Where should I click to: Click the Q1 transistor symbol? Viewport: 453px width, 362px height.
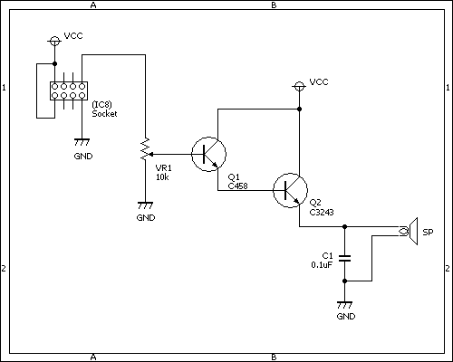pyautogui.click(x=208, y=154)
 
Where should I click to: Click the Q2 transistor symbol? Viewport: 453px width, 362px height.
pyautogui.click(x=290, y=190)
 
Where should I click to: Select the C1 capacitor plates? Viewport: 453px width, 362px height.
pyautogui.click(x=344, y=258)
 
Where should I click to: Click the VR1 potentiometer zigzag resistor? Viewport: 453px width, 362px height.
pyautogui.click(x=145, y=149)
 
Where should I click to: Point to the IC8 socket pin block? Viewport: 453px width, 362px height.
pyautogui.click(x=69, y=90)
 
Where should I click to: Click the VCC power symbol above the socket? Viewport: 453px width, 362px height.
pyautogui.click(x=54, y=41)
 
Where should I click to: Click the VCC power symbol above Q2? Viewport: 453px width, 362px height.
pyautogui.click(x=299, y=87)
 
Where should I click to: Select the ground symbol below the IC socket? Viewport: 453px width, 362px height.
pyautogui.click(x=82, y=142)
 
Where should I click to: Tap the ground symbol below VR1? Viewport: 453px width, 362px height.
pyautogui.click(x=145, y=205)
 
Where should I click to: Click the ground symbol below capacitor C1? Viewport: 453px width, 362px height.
pyautogui.click(x=344, y=305)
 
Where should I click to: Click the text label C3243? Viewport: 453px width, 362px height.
pyautogui.click(x=322, y=213)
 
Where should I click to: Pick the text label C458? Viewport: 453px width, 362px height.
pyautogui.click(x=237, y=186)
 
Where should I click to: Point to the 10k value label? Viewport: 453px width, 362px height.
pyautogui.click(x=162, y=177)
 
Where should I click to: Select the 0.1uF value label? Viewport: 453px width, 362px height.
pyautogui.click(x=323, y=265)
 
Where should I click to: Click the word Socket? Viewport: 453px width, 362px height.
pyautogui.click(x=104, y=114)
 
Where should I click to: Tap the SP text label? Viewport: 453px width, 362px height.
pyautogui.click(x=428, y=233)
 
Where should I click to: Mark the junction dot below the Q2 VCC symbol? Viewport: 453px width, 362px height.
pyautogui.click(x=299, y=109)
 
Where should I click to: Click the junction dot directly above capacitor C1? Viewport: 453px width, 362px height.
pyautogui.click(x=344, y=226)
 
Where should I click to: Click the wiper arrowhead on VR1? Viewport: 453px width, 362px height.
pyautogui.click(x=151, y=154)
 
